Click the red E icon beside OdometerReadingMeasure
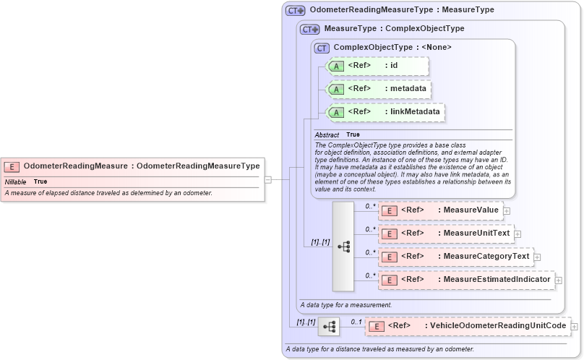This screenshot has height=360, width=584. coord(13,166)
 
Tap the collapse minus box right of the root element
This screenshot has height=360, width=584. coord(267,179)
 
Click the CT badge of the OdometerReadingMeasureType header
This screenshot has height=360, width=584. coord(295,10)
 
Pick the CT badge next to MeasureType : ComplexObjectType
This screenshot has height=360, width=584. coord(310,29)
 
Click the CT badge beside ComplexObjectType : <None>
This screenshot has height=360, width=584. coord(322,48)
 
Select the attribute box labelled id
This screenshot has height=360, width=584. coord(378,66)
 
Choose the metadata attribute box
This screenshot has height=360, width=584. coord(379,89)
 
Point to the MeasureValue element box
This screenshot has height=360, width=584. coord(439,210)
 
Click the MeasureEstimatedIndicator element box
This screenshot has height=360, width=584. coord(465,279)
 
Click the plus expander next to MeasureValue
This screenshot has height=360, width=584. coord(506,211)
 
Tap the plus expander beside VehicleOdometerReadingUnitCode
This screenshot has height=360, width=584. coord(575,327)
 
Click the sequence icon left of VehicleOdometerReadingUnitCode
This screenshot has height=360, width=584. coord(329,327)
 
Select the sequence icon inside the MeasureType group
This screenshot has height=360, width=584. coord(343,246)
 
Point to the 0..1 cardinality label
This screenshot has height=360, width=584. coord(356,322)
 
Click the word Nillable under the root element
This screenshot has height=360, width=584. coord(15,181)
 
